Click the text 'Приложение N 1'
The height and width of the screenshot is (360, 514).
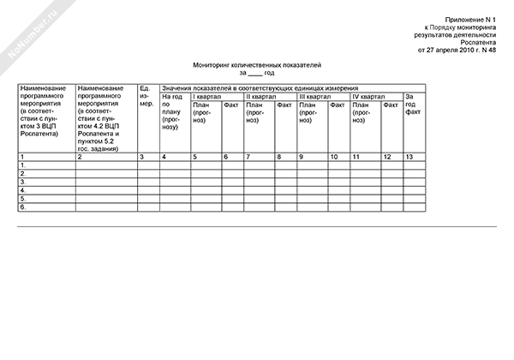coord(471,19)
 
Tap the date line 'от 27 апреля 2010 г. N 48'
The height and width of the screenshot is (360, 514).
coord(457,50)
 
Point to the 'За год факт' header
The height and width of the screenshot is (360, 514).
coord(414,105)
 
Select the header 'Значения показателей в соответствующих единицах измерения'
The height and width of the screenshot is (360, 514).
coord(260,88)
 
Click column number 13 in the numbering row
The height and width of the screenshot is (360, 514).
coord(410,157)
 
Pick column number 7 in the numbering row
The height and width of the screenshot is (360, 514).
coord(248,157)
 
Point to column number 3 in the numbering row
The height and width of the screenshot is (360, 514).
coord(141,157)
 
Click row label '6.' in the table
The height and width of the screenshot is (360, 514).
coord(23,207)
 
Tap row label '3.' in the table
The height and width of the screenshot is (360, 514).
coord(23,182)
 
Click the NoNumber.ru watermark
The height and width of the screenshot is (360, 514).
coord(30,30)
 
